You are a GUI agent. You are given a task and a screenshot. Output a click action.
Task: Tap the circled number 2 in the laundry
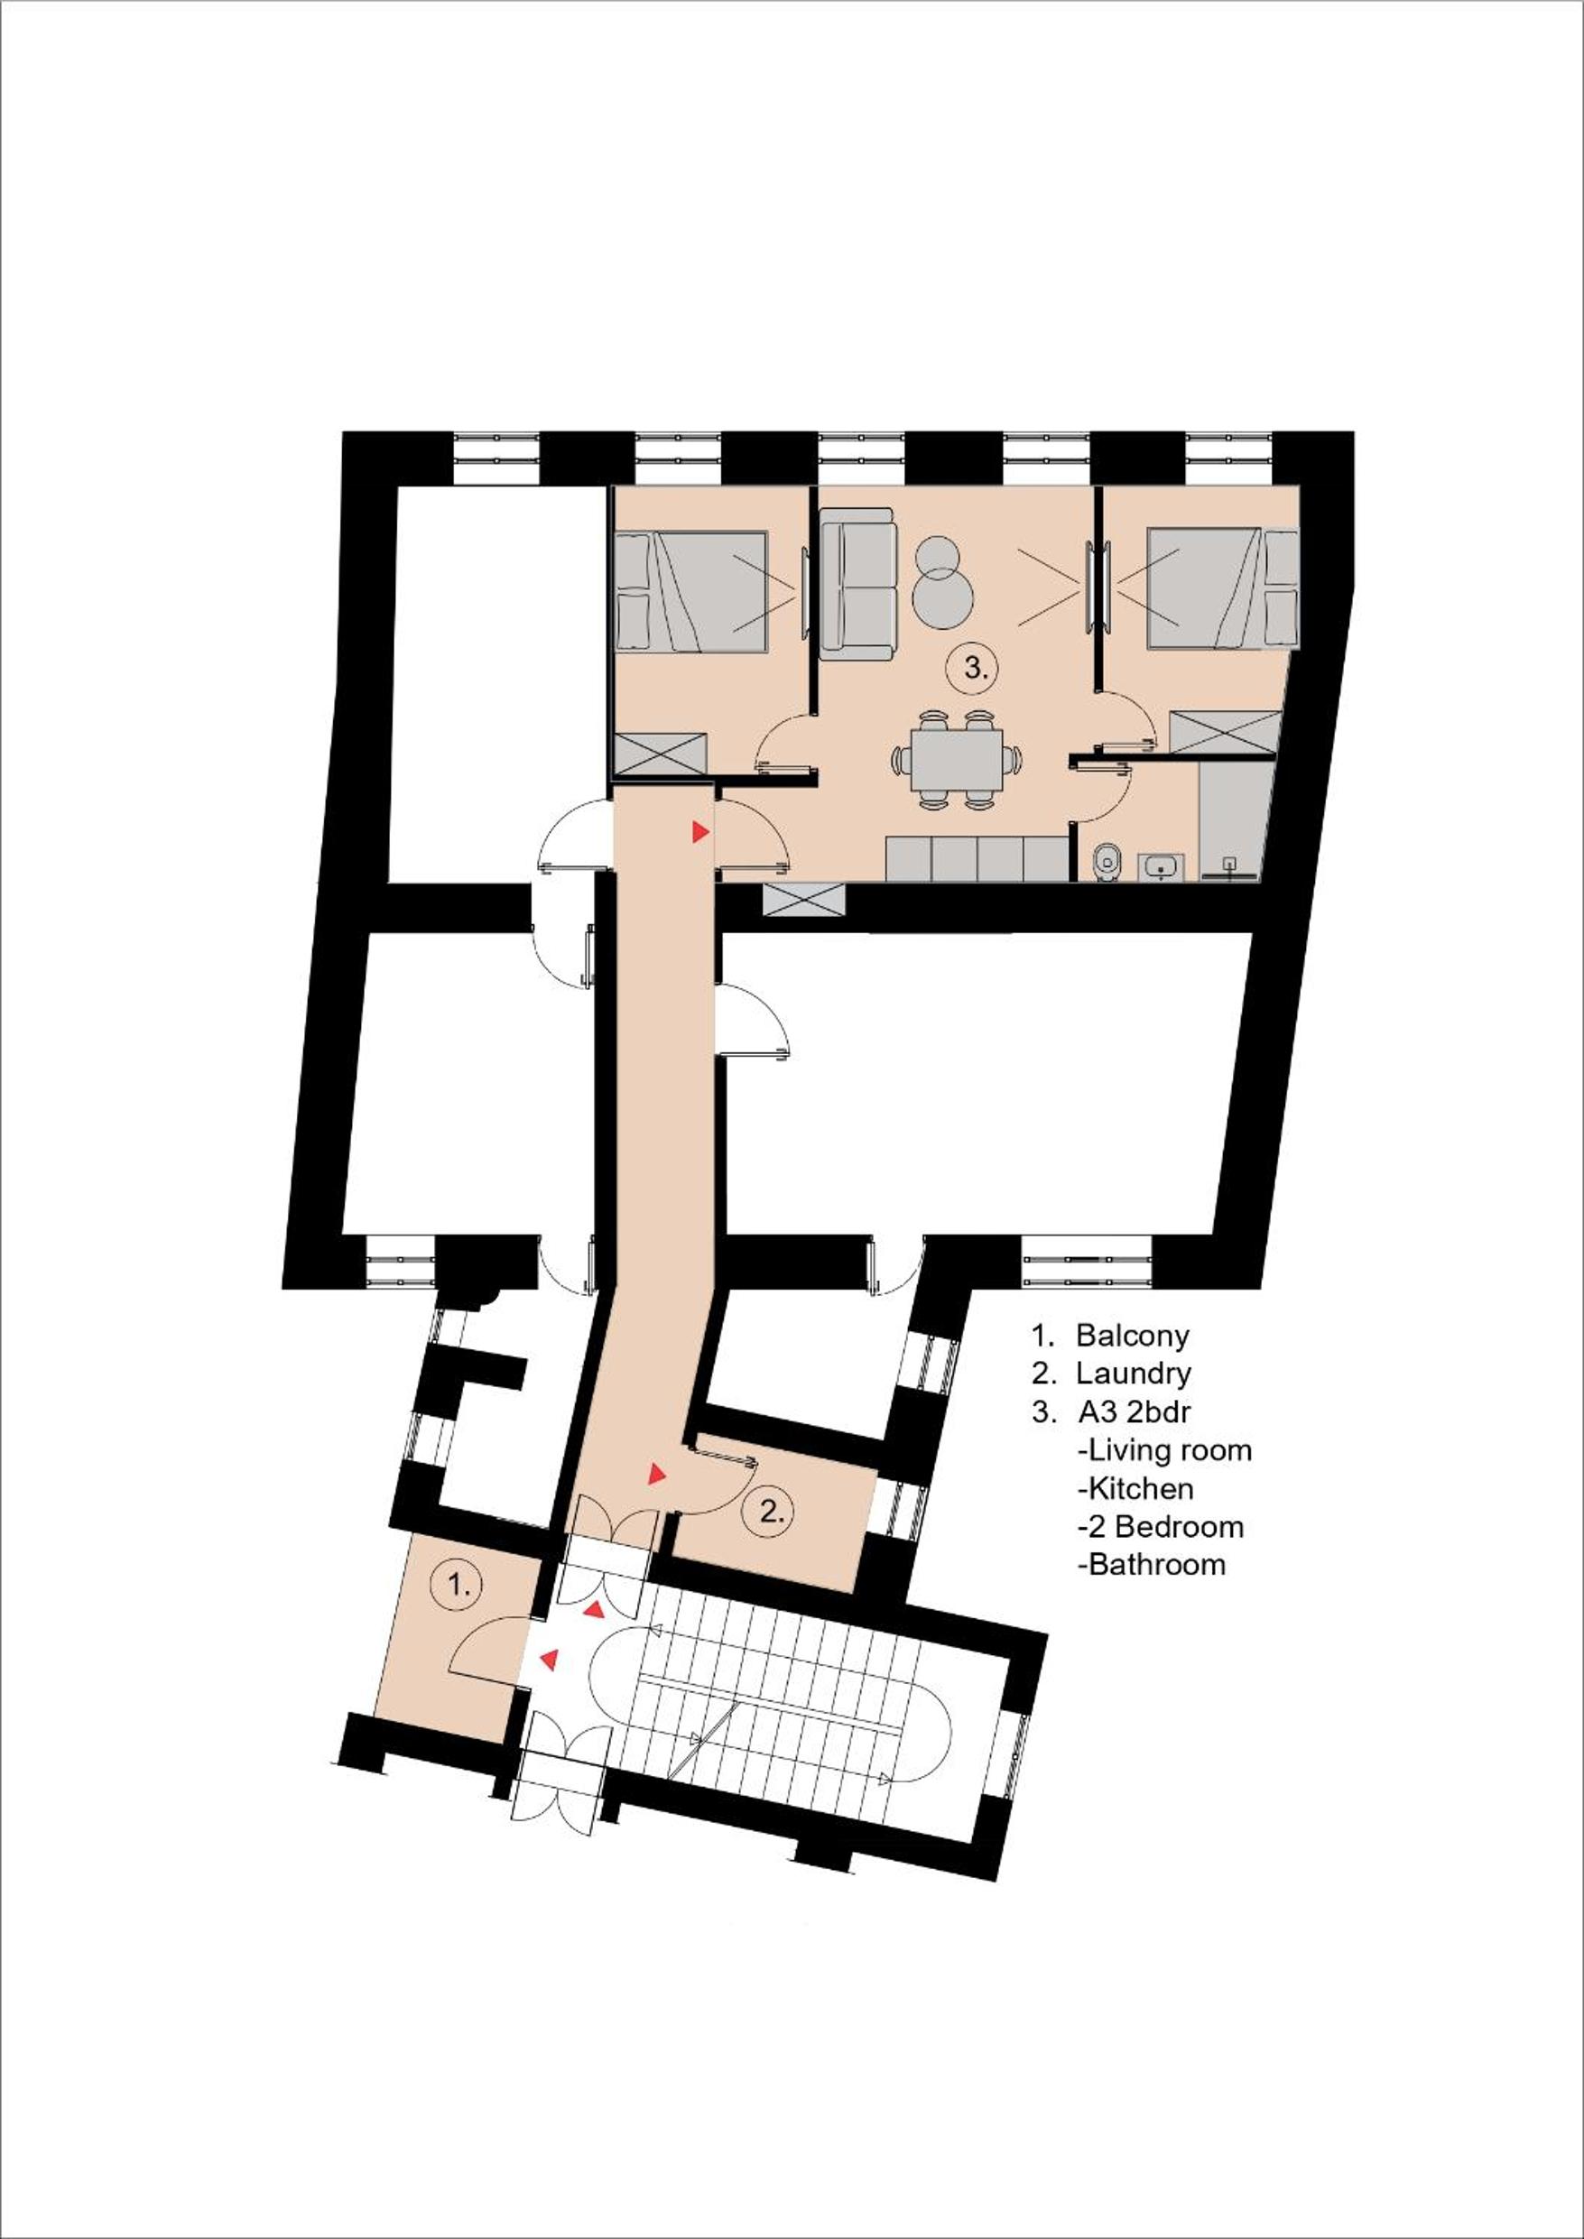[772, 1513]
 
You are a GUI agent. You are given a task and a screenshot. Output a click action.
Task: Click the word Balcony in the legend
[1133, 1335]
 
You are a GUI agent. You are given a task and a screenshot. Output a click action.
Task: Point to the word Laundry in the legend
[1134, 1374]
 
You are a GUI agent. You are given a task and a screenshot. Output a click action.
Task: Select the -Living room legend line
[1164, 1450]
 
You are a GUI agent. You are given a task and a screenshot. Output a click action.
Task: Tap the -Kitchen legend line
[1135, 1489]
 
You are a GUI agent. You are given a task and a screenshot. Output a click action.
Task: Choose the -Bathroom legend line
[1151, 1565]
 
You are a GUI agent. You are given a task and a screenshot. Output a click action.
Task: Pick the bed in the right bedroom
[1223, 588]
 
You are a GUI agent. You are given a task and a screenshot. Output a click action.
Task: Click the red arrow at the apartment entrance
[699, 831]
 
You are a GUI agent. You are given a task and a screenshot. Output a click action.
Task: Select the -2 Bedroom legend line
[1160, 1526]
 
